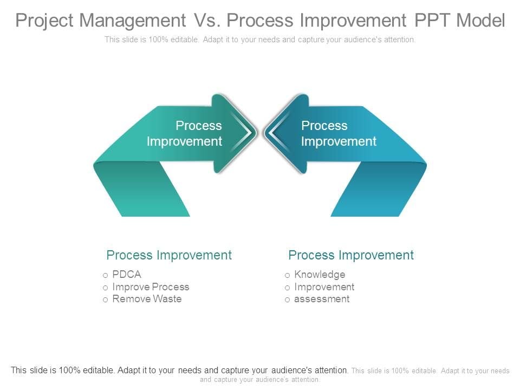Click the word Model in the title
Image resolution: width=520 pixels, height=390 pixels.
coord(480,20)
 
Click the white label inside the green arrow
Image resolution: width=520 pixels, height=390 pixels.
coord(185,133)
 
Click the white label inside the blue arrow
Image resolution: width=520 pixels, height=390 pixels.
coord(339,133)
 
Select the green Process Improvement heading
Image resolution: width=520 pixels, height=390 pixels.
coord(169,255)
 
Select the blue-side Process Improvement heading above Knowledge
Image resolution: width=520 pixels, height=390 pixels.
coord(351,255)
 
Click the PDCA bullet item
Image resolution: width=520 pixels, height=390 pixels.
coord(127,275)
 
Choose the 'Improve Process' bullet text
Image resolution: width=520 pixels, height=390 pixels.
coord(151,287)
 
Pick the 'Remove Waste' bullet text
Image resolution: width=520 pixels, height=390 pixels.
coord(147,299)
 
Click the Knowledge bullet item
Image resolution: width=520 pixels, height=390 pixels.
coord(320,275)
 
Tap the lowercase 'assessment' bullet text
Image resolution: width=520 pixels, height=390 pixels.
coord(322,299)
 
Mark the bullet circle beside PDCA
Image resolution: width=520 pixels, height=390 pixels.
coord(105,275)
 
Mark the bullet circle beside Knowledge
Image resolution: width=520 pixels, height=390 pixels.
coord(287,275)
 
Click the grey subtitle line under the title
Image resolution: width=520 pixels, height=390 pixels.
coord(260,40)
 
